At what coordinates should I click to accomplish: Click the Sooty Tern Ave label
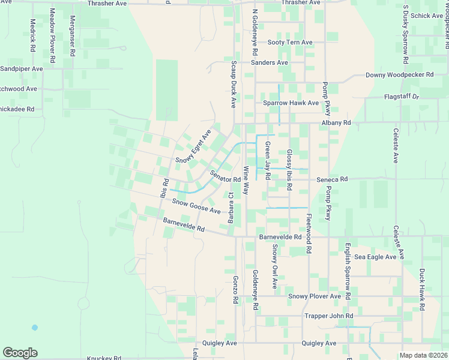click(290, 43)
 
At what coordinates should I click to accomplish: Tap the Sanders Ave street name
click(270, 62)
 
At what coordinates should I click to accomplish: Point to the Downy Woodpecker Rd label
click(400, 75)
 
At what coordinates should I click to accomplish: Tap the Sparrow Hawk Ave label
click(291, 103)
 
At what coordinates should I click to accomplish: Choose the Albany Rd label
click(336, 122)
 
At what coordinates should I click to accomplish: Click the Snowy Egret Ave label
click(193, 147)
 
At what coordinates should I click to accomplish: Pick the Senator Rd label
click(225, 176)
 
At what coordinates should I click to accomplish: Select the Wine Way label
click(246, 180)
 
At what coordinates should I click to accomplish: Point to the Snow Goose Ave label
click(196, 205)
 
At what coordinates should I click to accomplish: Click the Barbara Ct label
click(231, 208)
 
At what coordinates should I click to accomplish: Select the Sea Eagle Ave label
click(375, 257)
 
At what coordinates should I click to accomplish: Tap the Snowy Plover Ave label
click(315, 296)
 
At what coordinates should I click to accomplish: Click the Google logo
click(20, 353)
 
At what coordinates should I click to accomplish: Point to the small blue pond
click(35, 328)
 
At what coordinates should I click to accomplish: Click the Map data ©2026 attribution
click(423, 355)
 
